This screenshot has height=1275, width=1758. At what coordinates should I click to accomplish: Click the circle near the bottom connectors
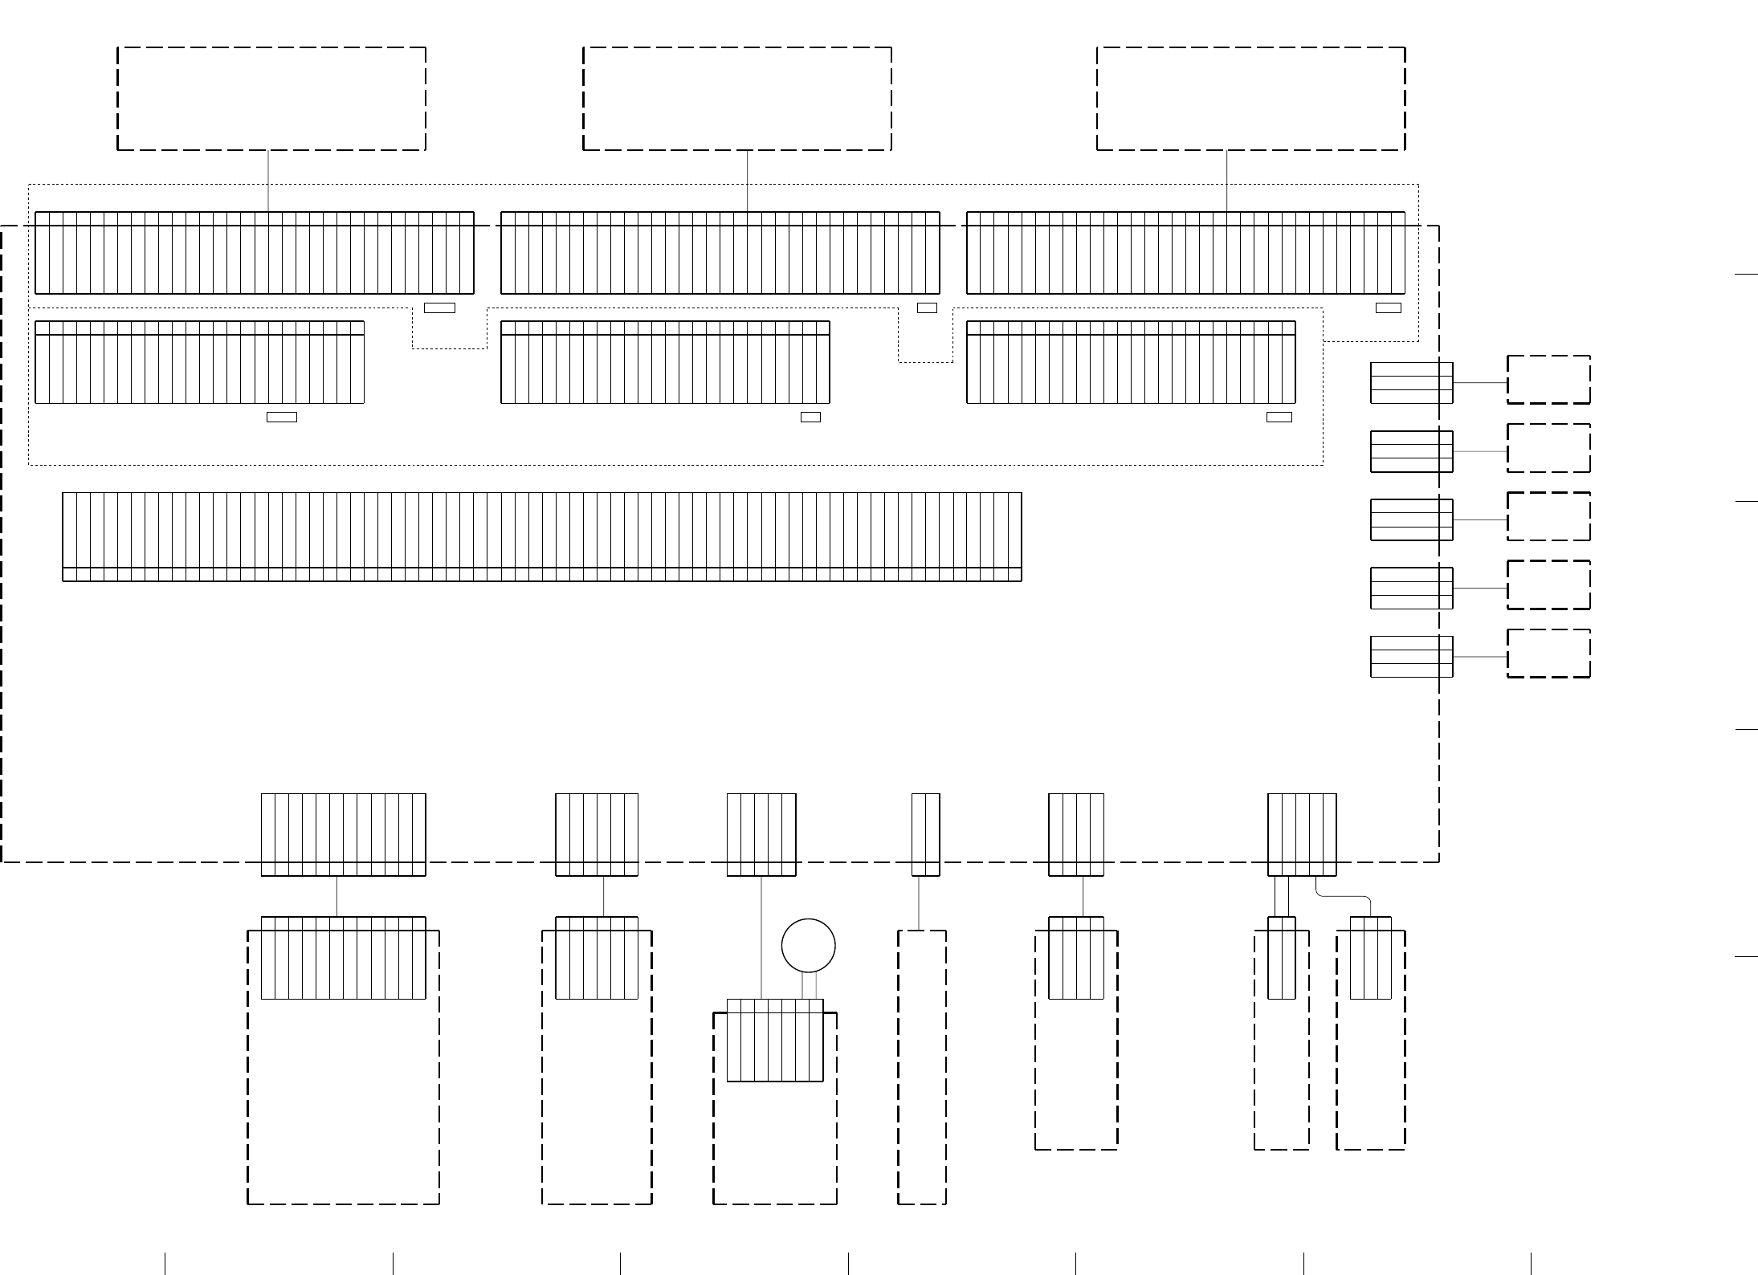pyautogui.click(x=808, y=945)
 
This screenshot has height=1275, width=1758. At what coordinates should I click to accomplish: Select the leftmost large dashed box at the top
pyautogui.click(x=271, y=99)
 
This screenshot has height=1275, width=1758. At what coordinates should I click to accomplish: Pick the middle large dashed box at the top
pyautogui.click(x=736, y=99)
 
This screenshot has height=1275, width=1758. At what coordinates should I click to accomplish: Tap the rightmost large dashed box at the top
pyautogui.click(x=1250, y=99)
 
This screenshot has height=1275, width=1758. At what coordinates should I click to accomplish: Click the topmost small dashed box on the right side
pyautogui.click(x=1548, y=380)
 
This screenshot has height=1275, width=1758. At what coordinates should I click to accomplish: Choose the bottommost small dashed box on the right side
pyautogui.click(x=1548, y=653)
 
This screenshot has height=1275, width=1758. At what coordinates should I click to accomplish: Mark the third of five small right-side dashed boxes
pyautogui.click(x=1548, y=516)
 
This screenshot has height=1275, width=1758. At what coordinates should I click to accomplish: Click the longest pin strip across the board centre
pyautogui.click(x=542, y=536)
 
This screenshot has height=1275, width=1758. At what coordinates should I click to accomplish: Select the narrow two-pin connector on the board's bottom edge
pyautogui.click(x=925, y=834)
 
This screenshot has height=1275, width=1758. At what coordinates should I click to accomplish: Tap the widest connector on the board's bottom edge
pyautogui.click(x=343, y=834)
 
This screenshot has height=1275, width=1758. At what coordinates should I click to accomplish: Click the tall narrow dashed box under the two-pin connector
pyautogui.click(x=921, y=1068)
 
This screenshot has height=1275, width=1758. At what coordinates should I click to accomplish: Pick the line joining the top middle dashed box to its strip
pyautogui.click(x=748, y=181)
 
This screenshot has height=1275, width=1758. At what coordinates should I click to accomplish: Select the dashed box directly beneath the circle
pyautogui.click(x=775, y=1140)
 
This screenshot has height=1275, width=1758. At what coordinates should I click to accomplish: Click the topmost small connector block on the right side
pyautogui.click(x=1411, y=383)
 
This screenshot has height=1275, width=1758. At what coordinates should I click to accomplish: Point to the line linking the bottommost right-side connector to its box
pyautogui.click(x=1479, y=657)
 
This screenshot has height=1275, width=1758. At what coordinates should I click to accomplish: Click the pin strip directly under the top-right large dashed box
pyautogui.click(x=1185, y=253)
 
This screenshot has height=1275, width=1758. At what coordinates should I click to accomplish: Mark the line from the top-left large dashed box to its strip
pyautogui.click(x=268, y=181)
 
